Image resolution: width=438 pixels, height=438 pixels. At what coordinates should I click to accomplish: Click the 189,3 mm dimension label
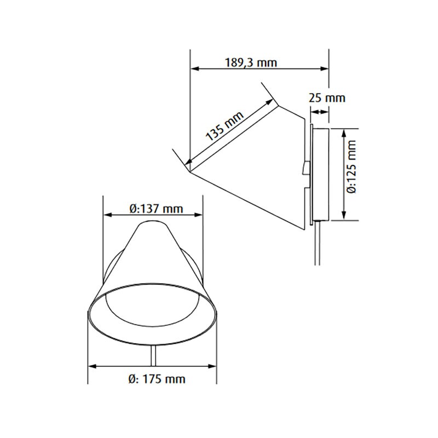coord(251,62)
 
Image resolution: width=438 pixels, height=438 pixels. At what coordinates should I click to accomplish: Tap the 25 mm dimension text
coord(327,99)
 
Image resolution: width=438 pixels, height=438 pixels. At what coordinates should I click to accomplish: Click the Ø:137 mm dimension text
coord(155,209)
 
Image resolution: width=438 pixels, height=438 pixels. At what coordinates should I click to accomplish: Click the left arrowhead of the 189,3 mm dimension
coord(194,69)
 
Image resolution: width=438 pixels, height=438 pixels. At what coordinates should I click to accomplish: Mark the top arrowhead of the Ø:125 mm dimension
coord(344,132)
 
